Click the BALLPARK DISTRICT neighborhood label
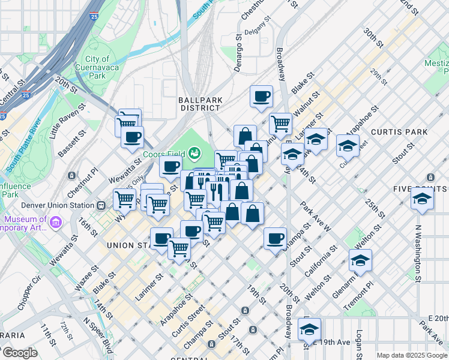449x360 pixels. [199, 103]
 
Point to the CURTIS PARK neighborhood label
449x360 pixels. [399, 131]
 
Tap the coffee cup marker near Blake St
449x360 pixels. [261, 97]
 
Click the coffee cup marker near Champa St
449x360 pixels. [276, 238]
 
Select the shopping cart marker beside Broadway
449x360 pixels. [280, 124]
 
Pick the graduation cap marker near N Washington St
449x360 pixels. [422, 199]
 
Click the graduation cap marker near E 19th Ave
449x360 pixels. [309, 329]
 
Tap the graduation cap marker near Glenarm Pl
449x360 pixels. [360, 260]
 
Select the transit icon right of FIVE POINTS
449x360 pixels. [430, 177]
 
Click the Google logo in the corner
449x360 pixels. [19, 353]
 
